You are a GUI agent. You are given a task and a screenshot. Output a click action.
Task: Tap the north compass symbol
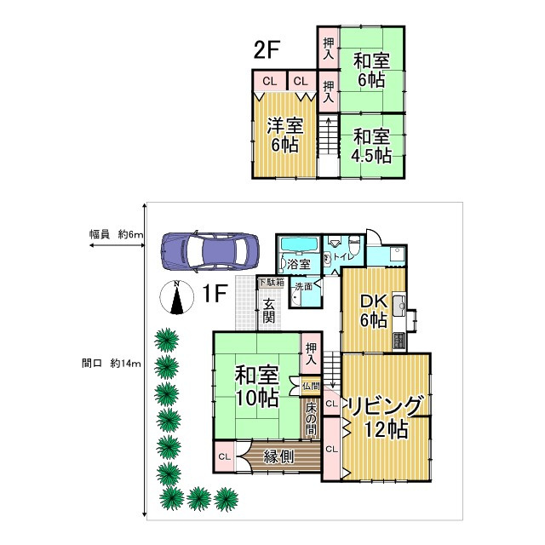(x=176, y=299)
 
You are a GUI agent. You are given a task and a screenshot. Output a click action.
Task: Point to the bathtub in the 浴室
(x=298, y=246)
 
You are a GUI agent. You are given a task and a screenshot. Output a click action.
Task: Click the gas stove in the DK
(x=399, y=340)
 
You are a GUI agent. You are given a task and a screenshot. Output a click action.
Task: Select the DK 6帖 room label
(x=372, y=311)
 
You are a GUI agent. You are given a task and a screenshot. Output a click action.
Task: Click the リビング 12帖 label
(x=385, y=414)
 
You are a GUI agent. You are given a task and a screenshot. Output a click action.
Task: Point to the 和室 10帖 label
(x=256, y=386)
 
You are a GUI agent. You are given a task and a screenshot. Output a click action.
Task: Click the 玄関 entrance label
(x=268, y=311)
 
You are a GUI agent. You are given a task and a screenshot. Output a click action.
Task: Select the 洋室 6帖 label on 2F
(x=284, y=135)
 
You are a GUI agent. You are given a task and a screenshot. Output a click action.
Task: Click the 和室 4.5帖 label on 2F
(x=371, y=146)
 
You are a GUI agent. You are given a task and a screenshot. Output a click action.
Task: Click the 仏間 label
(x=311, y=386)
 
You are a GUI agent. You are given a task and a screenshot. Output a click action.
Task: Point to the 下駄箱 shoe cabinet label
(x=272, y=282)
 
